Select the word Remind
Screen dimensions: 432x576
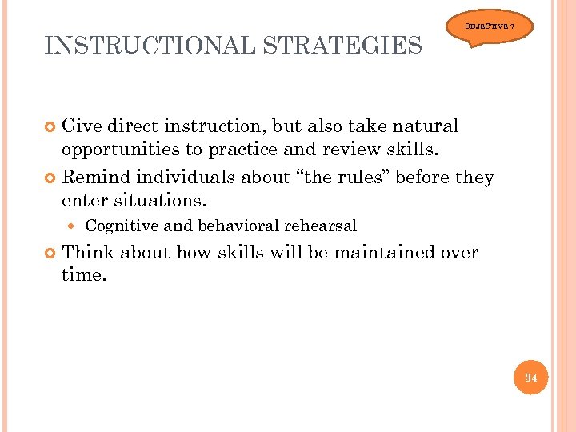(95, 177)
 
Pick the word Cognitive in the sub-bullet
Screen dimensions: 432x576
(121, 226)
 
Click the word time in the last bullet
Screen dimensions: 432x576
(82, 276)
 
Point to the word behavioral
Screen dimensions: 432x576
(226, 226)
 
